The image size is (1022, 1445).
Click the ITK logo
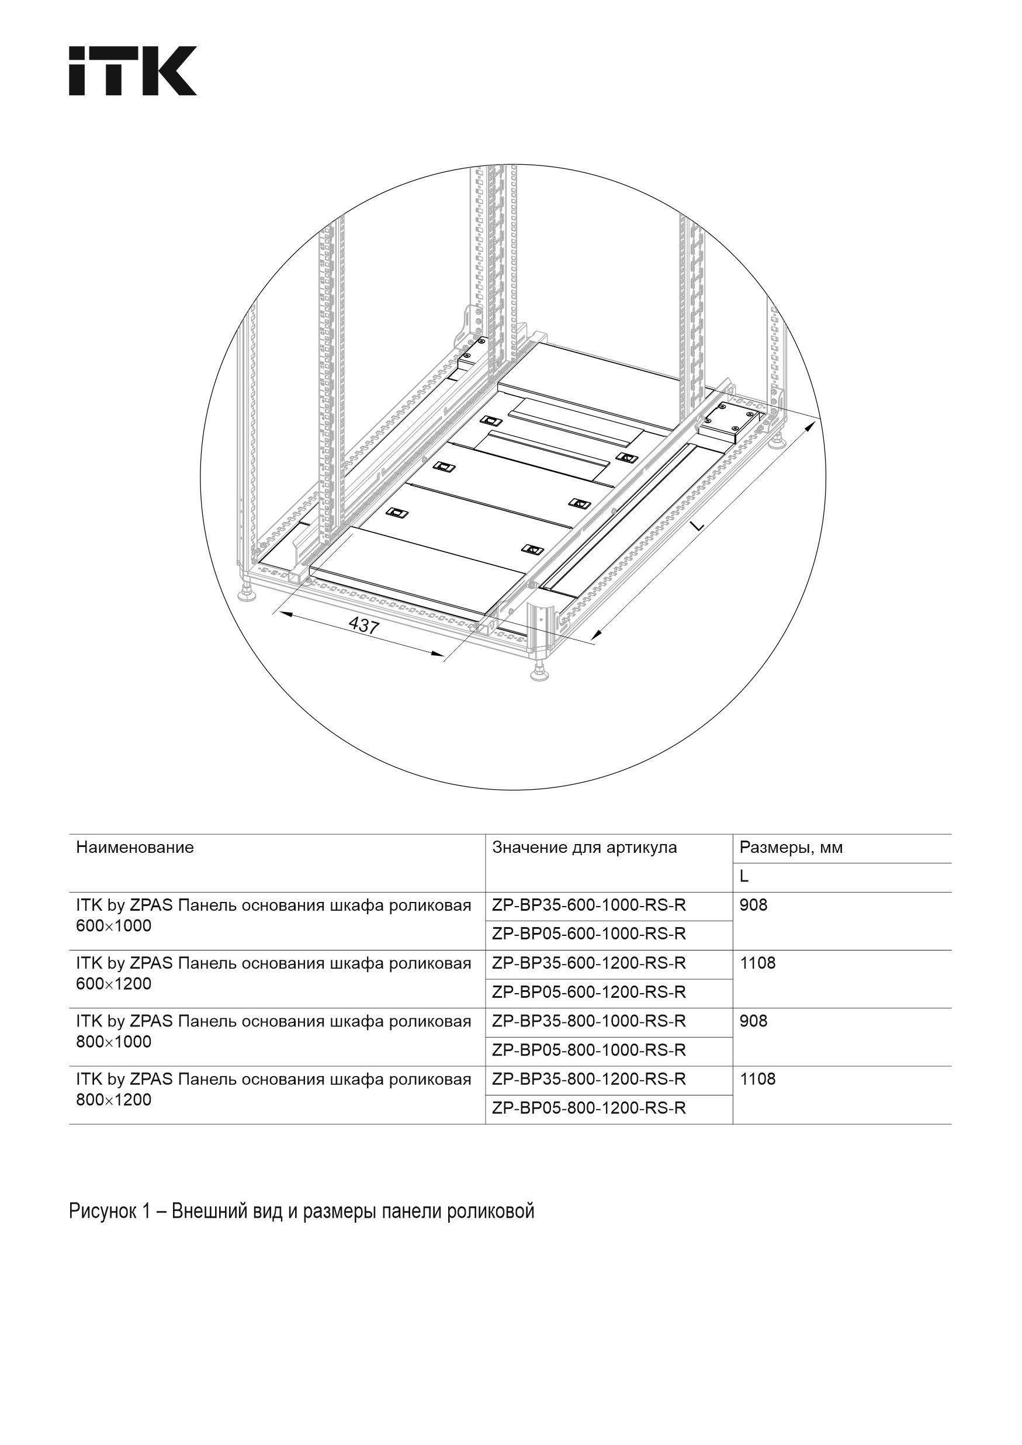pyautogui.click(x=133, y=71)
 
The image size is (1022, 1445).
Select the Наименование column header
pyautogui.click(x=134, y=847)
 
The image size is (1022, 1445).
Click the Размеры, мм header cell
pyautogui.click(x=791, y=847)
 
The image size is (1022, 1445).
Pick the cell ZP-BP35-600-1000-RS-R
pyautogui.click(x=588, y=905)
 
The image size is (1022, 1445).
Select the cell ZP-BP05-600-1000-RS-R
pyautogui.click(x=588, y=934)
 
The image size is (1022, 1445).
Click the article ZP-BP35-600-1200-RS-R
pyautogui.click(x=588, y=963)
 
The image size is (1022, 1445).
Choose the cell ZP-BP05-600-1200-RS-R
pyautogui.click(x=588, y=992)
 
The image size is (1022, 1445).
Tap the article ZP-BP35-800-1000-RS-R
pyautogui.click(x=588, y=1021)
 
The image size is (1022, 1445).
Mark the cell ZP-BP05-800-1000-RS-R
pyautogui.click(x=588, y=1050)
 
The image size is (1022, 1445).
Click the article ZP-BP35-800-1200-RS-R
pyautogui.click(x=588, y=1078)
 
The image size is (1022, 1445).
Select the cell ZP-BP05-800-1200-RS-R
pyautogui.click(x=588, y=1108)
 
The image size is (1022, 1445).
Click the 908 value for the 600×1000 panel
pyautogui.click(x=753, y=905)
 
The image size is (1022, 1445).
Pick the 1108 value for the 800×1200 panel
pyautogui.click(x=758, y=1078)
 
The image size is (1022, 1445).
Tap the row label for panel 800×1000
pyautogui.click(x=273, y=1031)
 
